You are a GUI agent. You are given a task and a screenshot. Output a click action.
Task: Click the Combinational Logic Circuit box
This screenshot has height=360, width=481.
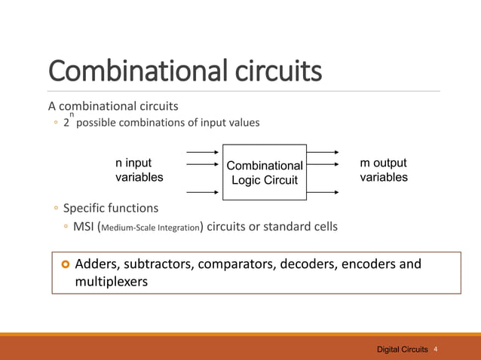[264, 172]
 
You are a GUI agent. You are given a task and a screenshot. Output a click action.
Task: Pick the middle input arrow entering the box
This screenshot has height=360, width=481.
[202, 172]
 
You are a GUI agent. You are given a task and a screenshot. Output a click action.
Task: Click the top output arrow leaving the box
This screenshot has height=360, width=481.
[323, 153]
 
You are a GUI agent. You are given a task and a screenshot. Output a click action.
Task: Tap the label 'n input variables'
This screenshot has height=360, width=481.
[139, 170]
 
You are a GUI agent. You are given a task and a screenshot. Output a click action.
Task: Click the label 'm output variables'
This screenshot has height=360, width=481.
[384, 170]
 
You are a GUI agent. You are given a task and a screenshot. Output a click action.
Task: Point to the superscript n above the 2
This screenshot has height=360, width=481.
[72, 114]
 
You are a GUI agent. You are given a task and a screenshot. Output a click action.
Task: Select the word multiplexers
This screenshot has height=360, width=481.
[112, 282]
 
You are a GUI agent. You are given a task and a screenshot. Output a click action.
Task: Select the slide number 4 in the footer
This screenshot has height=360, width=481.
[437, 350]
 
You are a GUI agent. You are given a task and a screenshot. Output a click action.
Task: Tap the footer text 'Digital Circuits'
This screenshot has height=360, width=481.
[403, 350]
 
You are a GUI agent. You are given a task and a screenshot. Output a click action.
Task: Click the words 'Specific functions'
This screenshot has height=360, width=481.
[111, 207]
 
